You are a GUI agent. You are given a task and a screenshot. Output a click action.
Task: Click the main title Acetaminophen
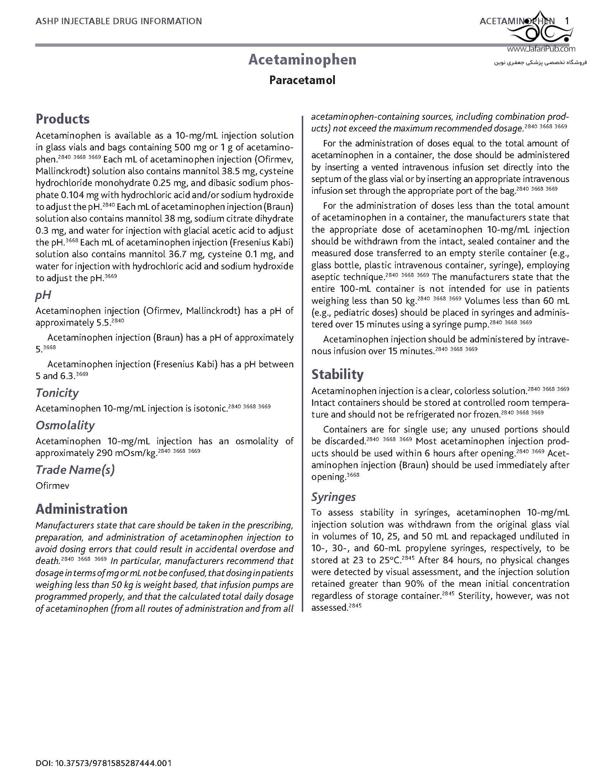302,59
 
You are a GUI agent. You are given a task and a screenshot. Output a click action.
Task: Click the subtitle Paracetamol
302,80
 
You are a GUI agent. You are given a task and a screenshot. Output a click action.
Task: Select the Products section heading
63,119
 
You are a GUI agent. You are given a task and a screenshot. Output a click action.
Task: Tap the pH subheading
43,295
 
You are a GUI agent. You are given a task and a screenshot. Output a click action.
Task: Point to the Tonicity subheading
57,393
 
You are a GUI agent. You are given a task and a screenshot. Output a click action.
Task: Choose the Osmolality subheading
65,425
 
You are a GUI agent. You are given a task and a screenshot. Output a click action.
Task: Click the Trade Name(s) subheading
75,470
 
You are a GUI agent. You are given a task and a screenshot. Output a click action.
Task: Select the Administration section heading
81,509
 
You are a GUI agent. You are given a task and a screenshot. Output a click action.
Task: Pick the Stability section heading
337,374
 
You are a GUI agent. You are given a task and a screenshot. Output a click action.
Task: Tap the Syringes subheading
333,497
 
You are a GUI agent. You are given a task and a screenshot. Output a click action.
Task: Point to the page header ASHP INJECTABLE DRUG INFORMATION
119,21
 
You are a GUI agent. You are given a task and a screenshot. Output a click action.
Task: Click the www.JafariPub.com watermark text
541,50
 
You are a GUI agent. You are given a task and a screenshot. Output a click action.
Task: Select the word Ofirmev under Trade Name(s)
52,486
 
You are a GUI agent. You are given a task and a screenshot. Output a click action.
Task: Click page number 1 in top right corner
567,21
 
